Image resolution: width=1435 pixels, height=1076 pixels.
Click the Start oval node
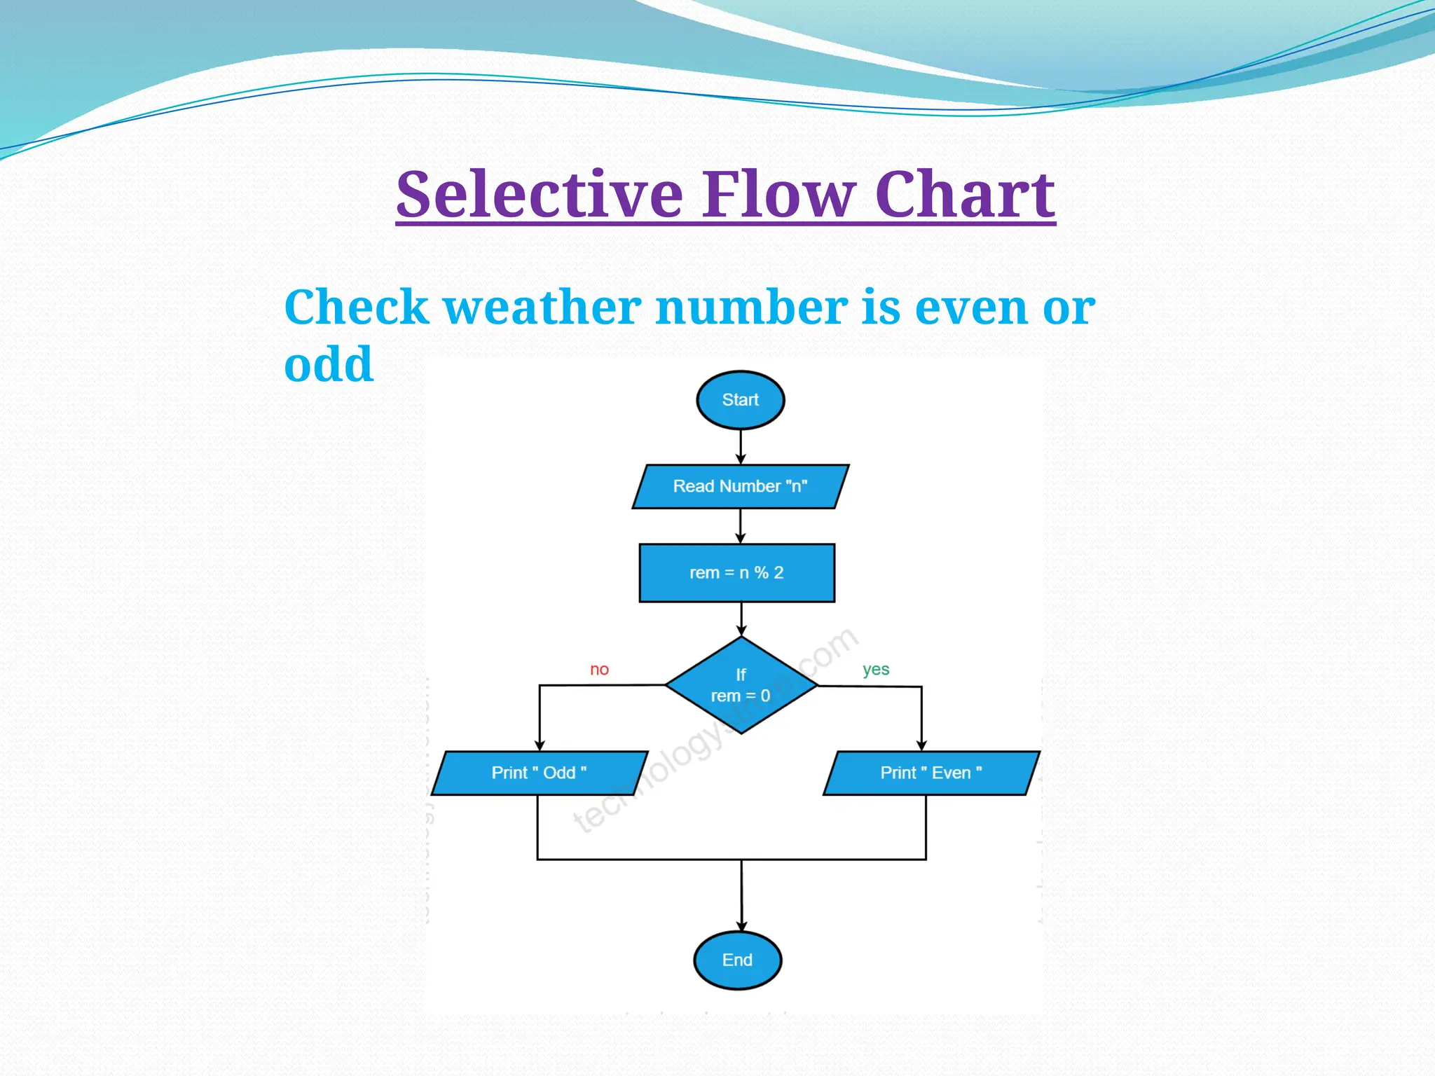coord(740,400)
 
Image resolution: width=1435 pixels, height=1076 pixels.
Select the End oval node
coord(737,960)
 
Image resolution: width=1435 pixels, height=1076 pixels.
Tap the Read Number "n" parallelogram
coord(740,486)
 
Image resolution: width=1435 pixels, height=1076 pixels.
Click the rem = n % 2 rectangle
coord(736,572)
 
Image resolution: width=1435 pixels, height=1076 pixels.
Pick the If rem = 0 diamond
coord(741,685)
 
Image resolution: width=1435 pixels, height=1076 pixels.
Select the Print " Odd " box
coord(539,773)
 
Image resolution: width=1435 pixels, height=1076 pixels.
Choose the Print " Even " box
coord(931,773)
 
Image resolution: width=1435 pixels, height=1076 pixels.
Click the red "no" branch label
coord(599,669)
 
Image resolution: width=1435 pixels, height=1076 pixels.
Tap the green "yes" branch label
coord(876,669)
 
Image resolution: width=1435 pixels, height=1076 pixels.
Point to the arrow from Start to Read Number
coord(741,447)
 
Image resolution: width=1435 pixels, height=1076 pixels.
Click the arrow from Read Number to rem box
coord(741,526)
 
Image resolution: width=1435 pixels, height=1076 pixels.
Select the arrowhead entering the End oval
coord(741,925)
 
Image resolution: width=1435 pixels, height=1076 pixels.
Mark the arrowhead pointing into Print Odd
coord(540,745)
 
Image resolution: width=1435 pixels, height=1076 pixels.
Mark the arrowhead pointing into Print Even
coord(921,745)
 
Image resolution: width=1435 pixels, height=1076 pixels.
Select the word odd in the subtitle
coord(329,364)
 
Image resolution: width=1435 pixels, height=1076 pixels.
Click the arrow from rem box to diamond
coord(741,619)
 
